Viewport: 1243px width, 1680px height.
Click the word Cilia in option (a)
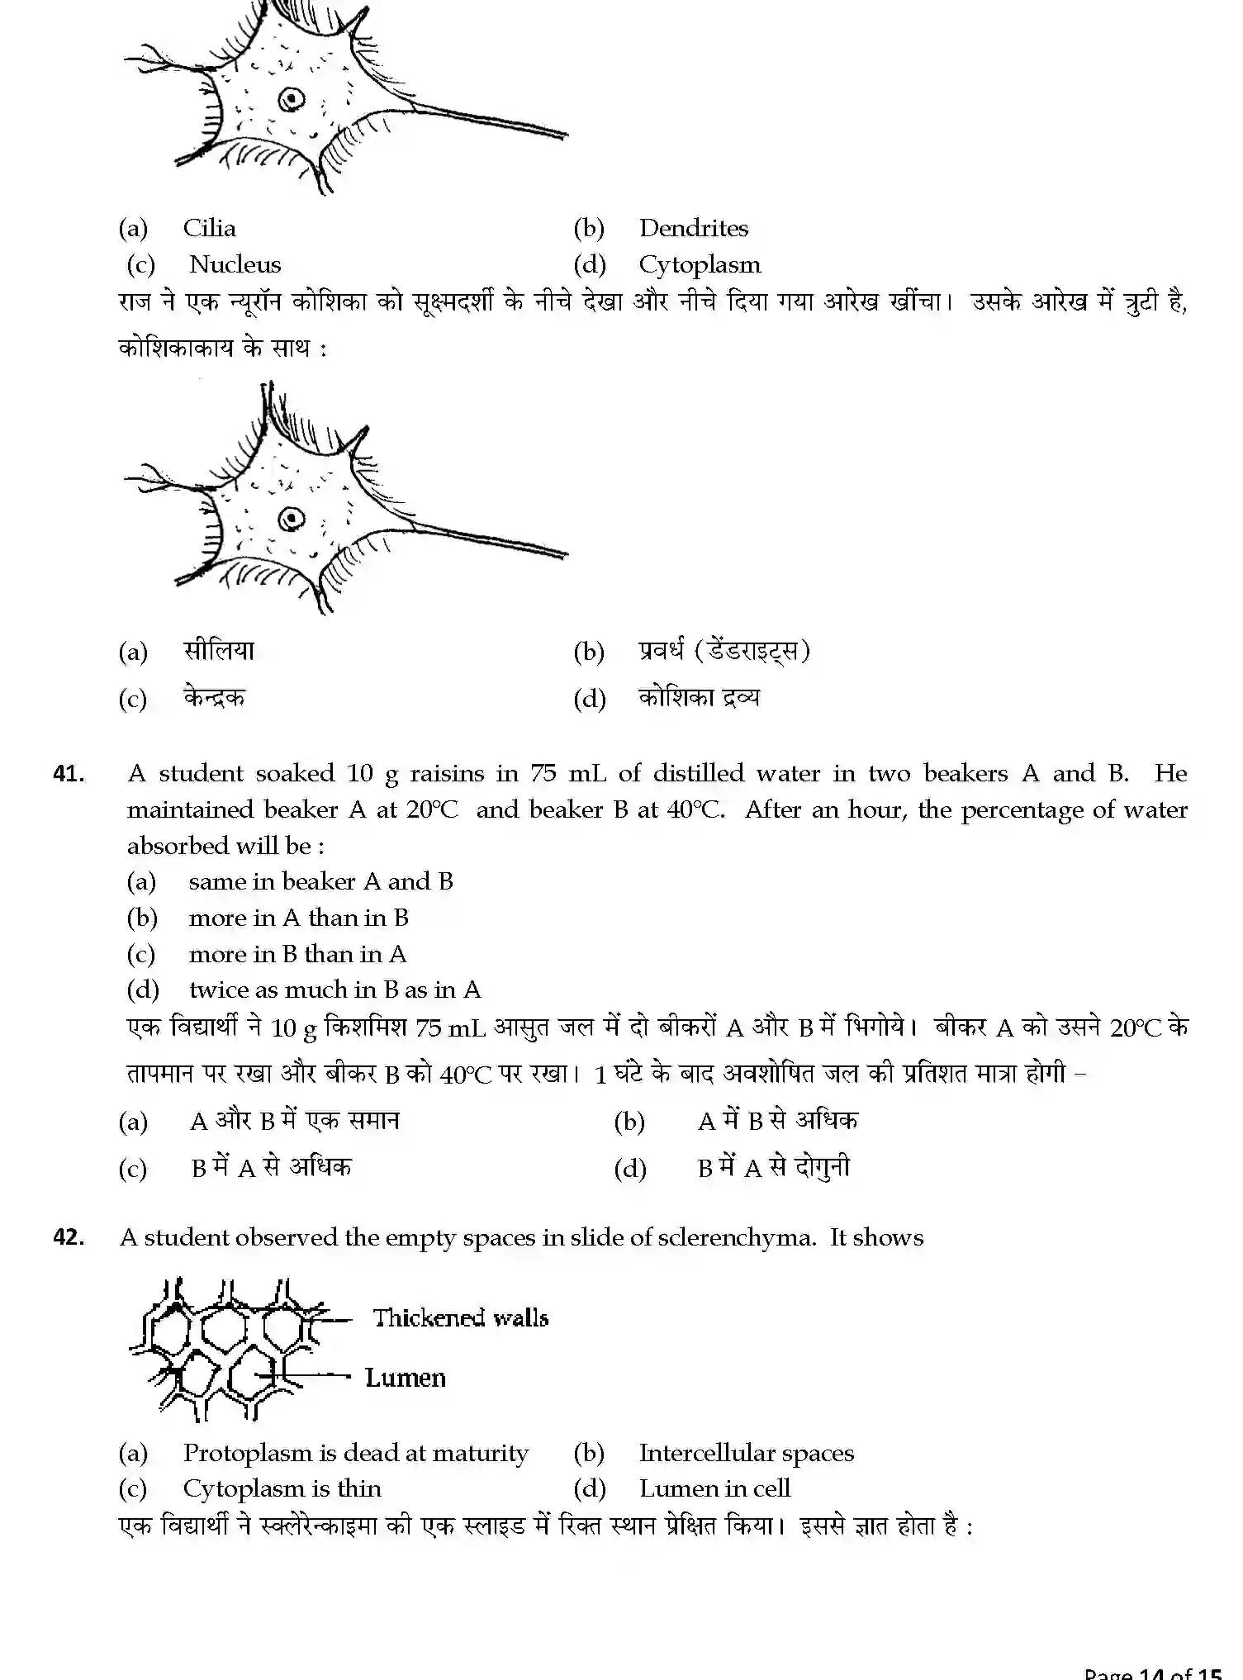coord(209,228)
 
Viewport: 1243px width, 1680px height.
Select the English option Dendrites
coord(693,228)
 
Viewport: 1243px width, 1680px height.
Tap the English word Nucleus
coord(235,264)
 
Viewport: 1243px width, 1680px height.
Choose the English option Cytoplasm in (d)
coord(700,264)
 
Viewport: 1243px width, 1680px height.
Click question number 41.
coord(69,774)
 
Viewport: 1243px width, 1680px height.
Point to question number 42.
coord(69,1237)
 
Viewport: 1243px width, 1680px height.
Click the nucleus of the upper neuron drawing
coord(291,100)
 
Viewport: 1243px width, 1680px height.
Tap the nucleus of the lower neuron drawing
coord(291,519)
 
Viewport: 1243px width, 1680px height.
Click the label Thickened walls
coord(460,1317)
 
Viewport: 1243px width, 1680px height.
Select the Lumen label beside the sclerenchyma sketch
coord(405,1378)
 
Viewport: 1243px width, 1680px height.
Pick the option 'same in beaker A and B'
coord(320,881)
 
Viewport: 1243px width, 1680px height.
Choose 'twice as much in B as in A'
coord(334,989)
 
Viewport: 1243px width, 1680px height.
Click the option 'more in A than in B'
coord(298,918)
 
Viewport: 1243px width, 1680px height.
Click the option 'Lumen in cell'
coord(714,1488)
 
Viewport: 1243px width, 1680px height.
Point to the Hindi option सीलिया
coord(219,651)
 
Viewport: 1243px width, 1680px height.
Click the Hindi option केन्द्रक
coord(215,698)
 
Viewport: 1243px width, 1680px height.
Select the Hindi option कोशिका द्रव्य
coord(699,698)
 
